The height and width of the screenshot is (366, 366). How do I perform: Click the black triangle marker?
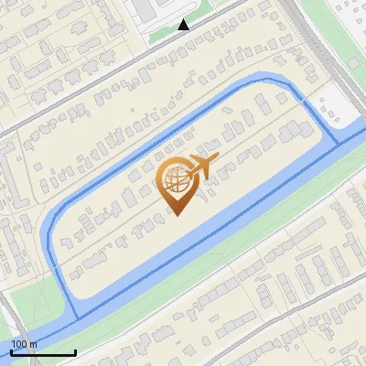[184, 25]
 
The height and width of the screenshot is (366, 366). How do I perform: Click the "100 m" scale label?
[25, 344]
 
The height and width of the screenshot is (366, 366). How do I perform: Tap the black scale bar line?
[43, 352]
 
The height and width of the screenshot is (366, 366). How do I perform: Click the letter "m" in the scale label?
[34, 344]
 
